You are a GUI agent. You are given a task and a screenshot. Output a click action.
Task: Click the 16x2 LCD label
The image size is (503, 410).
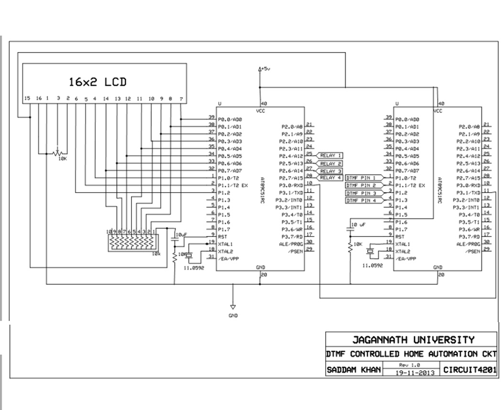point(98,82)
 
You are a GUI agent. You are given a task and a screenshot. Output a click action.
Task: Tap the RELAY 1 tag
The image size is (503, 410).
point(331,155)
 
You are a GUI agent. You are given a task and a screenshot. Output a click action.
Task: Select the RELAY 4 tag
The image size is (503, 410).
point(331,178)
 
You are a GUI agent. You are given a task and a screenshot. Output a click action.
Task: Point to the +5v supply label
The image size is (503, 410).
point(264,69)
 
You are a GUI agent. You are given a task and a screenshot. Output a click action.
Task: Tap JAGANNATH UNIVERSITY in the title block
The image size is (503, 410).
point(413,340)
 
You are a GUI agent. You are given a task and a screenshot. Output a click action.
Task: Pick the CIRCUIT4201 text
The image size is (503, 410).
point(470,370)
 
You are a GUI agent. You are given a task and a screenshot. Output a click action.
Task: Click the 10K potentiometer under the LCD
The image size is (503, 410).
point(58,153)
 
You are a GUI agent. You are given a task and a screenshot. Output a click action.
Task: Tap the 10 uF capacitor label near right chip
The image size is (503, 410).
point(358,224)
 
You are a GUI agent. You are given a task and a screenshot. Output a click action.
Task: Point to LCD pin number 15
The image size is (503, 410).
point(27,98)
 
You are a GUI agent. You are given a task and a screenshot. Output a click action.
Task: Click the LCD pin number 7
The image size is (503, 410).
point(181,98)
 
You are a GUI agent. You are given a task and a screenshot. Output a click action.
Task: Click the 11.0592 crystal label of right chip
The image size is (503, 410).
point(372,265)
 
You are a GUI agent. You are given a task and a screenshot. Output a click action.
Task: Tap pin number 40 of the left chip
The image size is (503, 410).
point(263,104)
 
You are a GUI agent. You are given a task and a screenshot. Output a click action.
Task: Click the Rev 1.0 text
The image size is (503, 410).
point(410,365)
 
